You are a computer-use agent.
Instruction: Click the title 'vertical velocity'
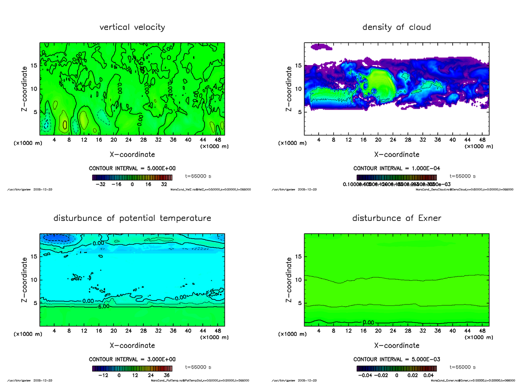coord(132,27)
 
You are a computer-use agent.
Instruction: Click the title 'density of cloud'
coord(396,27)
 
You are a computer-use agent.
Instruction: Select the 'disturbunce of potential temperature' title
coord(132,218)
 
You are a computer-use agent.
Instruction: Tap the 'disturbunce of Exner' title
coord(396,218)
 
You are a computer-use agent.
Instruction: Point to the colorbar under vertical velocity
coord(132,177)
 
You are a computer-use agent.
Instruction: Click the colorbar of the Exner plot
coord(396,368)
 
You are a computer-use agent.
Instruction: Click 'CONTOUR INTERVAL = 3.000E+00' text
coord(132,359)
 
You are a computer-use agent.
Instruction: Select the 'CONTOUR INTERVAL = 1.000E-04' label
coord(396,168)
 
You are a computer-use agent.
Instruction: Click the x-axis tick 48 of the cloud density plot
coord(482,140)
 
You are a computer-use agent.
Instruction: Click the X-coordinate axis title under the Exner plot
coord(396,345)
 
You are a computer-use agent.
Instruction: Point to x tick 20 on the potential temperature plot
coord(113,331)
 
